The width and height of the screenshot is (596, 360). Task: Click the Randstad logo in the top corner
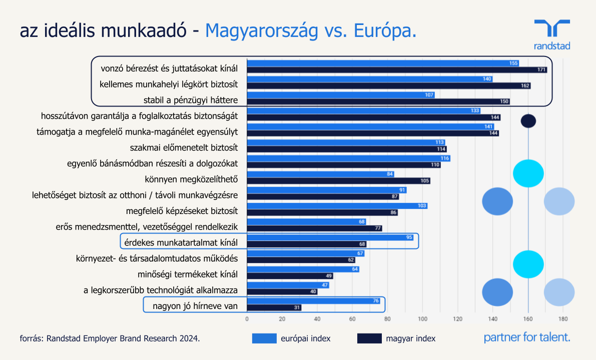point(551,34)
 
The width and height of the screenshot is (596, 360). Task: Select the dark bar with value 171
point(397,69)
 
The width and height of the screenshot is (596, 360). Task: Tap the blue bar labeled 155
point(383,63)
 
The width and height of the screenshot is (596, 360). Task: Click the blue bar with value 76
point(314,300)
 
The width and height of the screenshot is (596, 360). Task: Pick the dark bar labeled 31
point(274,307)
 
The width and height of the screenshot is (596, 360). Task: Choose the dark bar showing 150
point(378,101)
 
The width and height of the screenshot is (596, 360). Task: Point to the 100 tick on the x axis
point(422,318)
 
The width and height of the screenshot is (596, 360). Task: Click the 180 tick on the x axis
point(562,318)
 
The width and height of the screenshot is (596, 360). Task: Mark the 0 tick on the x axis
point(247,318)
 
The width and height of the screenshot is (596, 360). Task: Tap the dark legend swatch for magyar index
point(369,338)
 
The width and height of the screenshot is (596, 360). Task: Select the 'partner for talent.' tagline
point(527,337)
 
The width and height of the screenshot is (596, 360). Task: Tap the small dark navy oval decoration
point(528,120)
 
